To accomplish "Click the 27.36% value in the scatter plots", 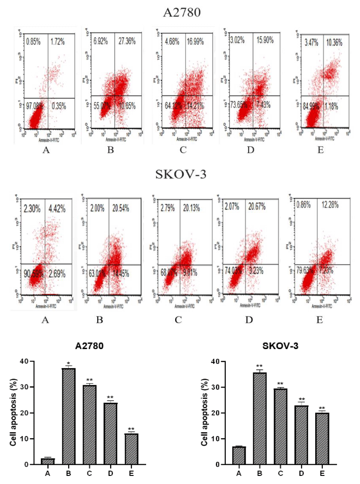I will pyautogui.click(x=127, y=41).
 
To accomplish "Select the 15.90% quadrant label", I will pyautogui.click(x=265, y=40).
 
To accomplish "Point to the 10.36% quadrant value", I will pyautogui.click(x=334, y=43).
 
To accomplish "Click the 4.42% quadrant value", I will pyautogui.click(x=57, y=209).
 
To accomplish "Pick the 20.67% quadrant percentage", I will pyautogui.click(x=257, y=206).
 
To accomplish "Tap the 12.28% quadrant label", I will pyautogui.click(x=330, y=205).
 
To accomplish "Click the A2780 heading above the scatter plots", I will pyautogui.click(x=182, y=13).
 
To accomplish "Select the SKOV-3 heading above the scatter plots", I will pyautogui.click(x=181, y=174).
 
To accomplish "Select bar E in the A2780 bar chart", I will pyautogui.click(x=131, y=449).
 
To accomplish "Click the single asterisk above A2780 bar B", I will pyautogui.click(x=69, y=364).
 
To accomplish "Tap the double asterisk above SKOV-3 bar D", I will pyautogui.click(x=301, y=399).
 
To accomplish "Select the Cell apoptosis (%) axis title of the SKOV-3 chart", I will pyautogui.click(x=205, y=412).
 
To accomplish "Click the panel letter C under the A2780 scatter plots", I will pyautogui.click(x=183, y=150).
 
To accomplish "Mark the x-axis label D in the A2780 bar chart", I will pyautogui.click(x=111, y=474).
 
